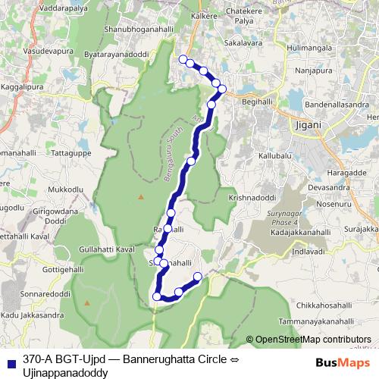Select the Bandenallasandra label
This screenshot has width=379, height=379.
tap(338, 104)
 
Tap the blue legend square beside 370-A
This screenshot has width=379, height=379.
tap(10, 360)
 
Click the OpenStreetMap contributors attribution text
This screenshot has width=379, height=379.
tap(312, 340)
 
